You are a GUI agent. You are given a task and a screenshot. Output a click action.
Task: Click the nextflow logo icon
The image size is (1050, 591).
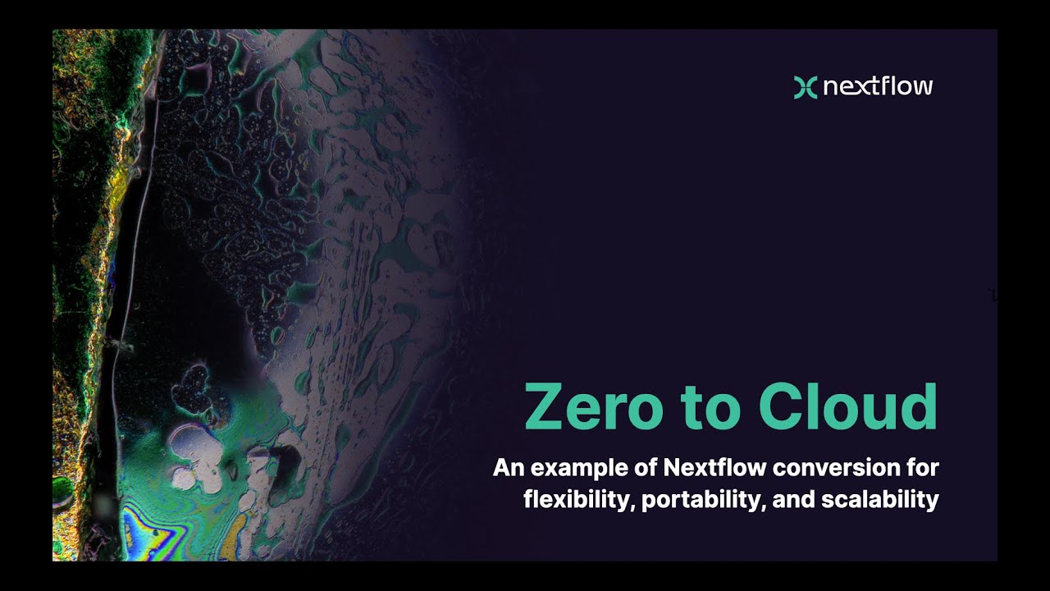806,86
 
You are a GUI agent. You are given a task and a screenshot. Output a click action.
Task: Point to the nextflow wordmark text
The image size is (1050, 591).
878,86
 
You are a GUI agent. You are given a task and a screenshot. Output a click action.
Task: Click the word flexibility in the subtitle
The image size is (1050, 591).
576,499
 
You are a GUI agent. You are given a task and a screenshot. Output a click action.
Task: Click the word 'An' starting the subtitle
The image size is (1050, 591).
508,468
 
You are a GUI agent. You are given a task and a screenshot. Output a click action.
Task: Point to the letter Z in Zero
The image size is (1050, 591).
545,407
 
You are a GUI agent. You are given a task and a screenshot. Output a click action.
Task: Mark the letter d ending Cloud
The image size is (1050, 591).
919,407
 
